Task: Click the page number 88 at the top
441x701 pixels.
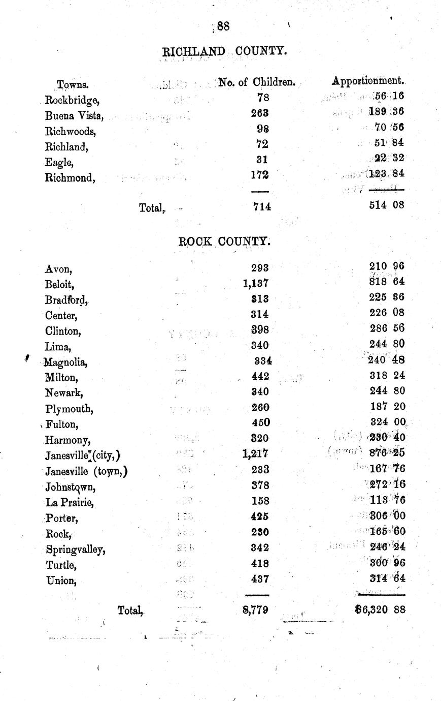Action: pos(223,26)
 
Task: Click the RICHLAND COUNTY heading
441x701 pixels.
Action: pos(224,51)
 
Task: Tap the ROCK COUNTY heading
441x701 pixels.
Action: pos(224,242)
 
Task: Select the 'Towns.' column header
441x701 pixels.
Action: pos(73,84)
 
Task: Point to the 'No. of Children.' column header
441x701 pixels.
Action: pos(257,82)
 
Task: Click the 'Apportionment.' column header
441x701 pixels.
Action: pos(368,80)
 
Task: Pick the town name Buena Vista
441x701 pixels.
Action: pos(74,115)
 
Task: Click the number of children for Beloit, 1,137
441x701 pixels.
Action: pos(256,283)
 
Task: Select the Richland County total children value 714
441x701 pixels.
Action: pos(262,206)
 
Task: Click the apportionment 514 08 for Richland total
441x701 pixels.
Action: pos(387,205)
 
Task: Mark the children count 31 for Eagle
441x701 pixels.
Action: pos(262,159)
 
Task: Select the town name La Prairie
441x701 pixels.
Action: pos(70,502)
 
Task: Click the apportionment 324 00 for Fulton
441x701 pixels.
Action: pos(387,421)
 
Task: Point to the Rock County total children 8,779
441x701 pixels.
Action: pos(256,609)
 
